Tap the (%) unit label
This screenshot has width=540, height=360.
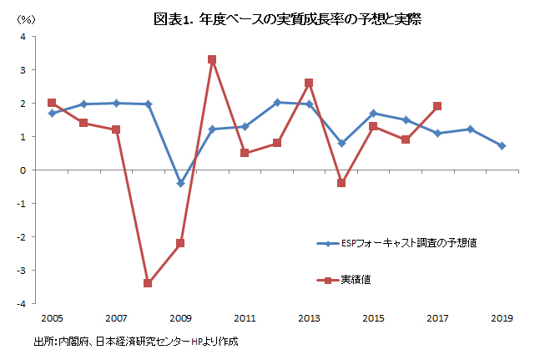[26, 20]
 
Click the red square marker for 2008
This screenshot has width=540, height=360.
[148, 283]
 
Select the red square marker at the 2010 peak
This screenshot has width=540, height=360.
[212, 59]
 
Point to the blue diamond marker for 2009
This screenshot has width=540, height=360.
[180, 184]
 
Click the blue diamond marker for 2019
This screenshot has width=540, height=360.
[502, 145]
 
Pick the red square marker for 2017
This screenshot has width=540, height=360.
[437, 106]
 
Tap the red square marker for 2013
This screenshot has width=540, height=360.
[309, 83]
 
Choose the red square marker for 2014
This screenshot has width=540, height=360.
[341, 183]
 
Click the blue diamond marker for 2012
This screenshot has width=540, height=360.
[277, 102]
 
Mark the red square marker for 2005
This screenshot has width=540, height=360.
[52, 103]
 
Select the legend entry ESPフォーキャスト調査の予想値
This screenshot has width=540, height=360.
[396, 243]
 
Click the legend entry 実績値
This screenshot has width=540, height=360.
[344, 280]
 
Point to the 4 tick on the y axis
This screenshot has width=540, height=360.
[23, 37]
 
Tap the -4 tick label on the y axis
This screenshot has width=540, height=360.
[22, 304]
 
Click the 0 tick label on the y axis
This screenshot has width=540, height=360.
[23, 170]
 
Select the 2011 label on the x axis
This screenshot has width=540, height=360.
[245, 318]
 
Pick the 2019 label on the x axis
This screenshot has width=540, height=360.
[502, 318]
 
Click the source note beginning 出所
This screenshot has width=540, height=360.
[136, 342]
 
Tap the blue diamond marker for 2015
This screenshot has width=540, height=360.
[373, 114]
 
